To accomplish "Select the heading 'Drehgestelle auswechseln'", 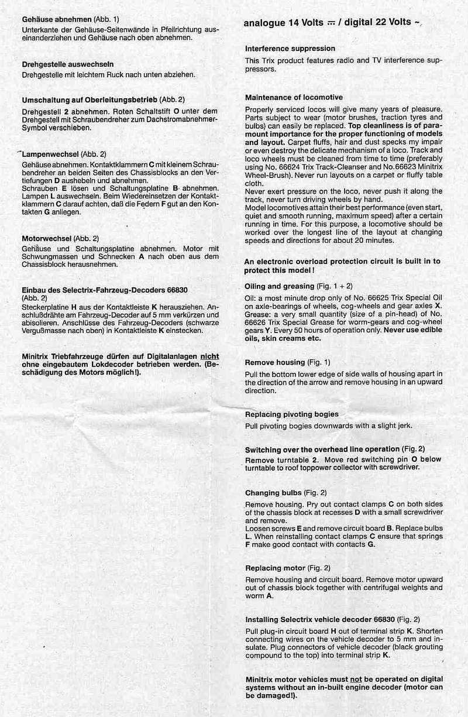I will click(67, 64).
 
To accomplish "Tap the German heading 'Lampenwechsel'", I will click(50, 153).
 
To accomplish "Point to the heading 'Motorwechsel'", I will click(47, 239).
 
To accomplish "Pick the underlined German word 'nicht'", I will click(210, 355).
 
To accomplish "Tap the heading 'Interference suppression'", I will click(290, 49).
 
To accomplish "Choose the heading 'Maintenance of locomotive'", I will click(294, 97).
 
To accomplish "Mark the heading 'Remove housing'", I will click(275, 362).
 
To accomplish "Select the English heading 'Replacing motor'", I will click(275, 568).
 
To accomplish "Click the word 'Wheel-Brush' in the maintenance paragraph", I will click(267, 174).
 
